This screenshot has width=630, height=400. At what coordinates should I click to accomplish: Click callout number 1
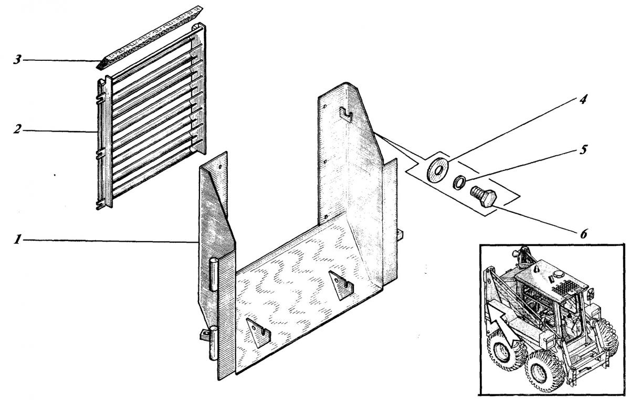pyautogui.click(x=18, y=240)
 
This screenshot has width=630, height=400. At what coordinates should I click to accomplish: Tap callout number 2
pyautogui.click(x=17, y=130)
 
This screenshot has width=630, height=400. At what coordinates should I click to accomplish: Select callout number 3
pyautogui.click(x=17, y=60)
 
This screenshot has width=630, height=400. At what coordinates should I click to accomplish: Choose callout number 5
pyautogui.click(x=584, y=149)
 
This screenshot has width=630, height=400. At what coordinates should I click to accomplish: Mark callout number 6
pyautogui.click(x=584, y=233)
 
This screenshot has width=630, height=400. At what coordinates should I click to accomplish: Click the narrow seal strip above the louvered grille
pyautogui.click(x=149, y=37)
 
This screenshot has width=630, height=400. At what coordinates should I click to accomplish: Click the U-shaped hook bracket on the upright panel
pyautogui.click(x=345, y=114)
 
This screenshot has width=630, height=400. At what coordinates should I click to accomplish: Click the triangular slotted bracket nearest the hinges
pyautogui.click(x=258, y=332)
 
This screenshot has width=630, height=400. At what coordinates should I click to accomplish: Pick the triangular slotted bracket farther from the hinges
pyautogui.click(x=341, y=285)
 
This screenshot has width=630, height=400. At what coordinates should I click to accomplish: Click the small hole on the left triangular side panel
pyautogui.click(x=220, y=167)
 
